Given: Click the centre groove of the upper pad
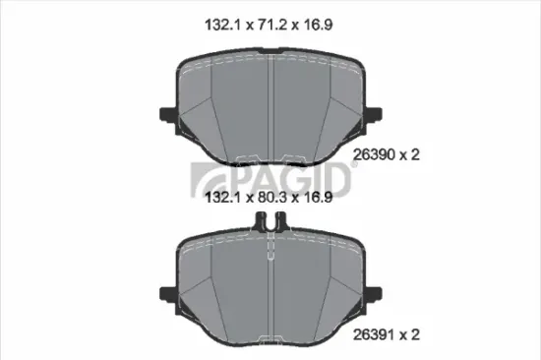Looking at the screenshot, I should (x=270, y=108).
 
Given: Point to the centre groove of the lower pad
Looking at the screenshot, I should (x=270, y=285).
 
